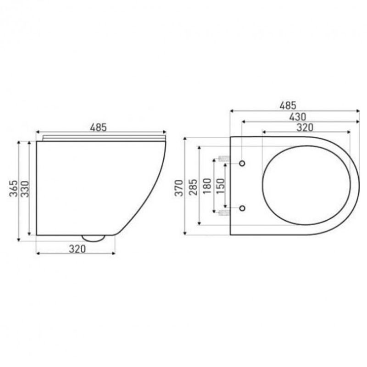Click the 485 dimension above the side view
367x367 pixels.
point(98,128)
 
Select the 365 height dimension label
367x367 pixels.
point(13,189)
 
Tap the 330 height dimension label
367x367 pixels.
point(25,189)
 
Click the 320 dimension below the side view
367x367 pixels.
point(78,249)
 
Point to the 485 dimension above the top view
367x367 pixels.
point(288,106)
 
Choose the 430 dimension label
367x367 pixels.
point(297,117)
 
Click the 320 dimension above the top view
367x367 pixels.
point(305,128)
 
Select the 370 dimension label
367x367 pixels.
point(179,188)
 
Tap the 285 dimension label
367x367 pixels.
point(193,187)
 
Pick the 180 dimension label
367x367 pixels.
point(207,186)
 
